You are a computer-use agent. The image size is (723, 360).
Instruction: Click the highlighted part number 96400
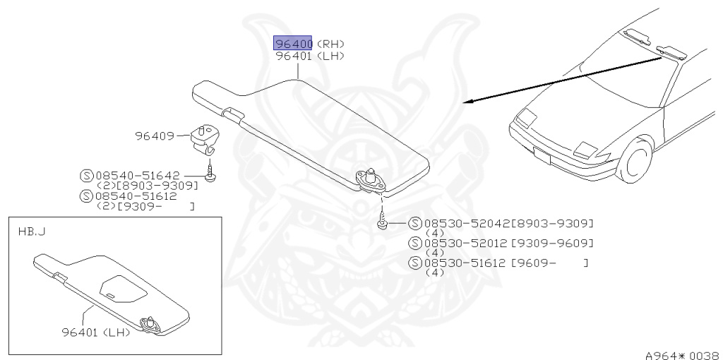(293, 44)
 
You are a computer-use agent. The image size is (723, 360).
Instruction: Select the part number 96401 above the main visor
(294, 56)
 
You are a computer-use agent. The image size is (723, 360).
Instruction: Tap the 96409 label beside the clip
(155, 136)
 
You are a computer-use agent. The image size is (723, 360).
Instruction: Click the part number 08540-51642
(138, 175)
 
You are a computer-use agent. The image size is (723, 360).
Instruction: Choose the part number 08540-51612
(138, 196)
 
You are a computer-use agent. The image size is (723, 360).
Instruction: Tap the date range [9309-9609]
(552, 243)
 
